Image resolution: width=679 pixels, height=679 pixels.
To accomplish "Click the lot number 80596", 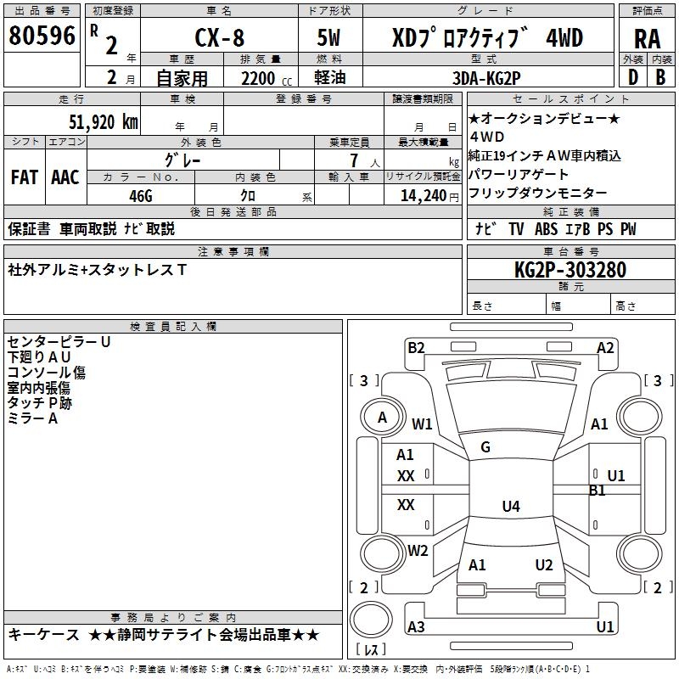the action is [x=42, y=36].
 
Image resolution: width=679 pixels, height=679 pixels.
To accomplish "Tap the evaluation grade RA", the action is [x=647, y=39].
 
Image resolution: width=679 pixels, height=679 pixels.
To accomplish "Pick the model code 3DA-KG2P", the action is [x=486, y=76].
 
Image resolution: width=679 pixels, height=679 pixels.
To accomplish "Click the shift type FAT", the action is [x=24, y=177].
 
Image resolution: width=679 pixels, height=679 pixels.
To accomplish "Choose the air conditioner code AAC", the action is [x=65, y=177].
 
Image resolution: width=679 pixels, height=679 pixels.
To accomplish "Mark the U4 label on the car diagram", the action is [x=510, y=507].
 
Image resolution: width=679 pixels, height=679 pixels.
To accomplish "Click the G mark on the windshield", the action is [x=485, y=447].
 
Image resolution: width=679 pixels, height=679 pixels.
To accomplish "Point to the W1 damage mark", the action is [x=422, y=424].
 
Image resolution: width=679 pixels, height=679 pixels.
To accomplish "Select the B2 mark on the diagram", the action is [x=416, y=347].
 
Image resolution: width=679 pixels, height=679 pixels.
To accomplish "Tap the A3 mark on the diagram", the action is [x=416, y=626].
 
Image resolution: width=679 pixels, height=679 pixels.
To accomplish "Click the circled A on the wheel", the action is [x=383, y=418].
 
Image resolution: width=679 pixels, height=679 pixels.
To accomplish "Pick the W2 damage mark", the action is [x=418, y=550].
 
